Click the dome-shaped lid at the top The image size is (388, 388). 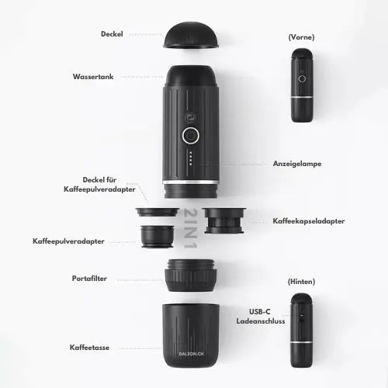191,35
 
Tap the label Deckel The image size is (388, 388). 112,34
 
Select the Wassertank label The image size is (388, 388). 93,77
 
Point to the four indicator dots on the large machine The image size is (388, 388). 191,158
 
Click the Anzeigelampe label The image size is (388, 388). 297,164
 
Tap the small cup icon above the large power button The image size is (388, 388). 190,118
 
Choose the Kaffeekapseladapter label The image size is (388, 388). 309,221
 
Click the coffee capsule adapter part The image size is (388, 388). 224,220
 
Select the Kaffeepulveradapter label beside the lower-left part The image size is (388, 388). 68,241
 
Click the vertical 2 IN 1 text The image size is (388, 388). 191,229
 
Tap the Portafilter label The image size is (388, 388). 89,279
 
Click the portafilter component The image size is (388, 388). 191,275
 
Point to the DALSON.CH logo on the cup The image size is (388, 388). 191,354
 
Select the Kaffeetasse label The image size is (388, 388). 89,348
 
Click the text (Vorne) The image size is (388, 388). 301,37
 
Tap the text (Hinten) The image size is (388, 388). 301,282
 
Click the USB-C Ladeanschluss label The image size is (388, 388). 261,317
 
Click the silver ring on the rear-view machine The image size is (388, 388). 301,342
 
